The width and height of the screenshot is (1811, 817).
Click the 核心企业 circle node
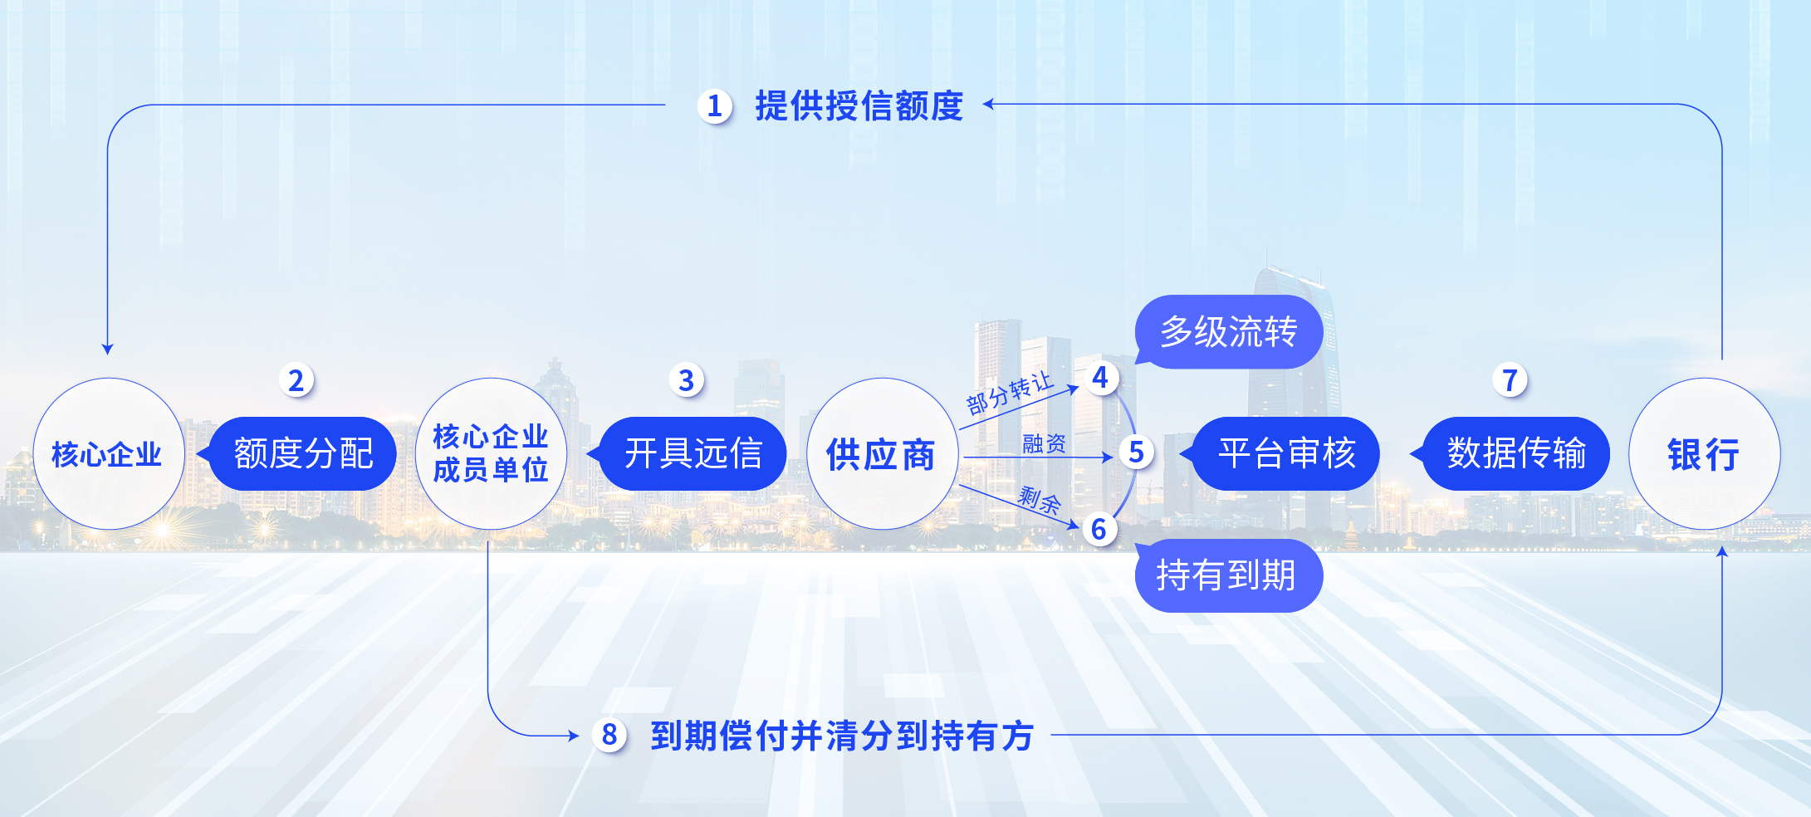[108, 453]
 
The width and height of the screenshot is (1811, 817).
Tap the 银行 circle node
[1704, 453]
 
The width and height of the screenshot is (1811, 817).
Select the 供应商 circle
[883, 453]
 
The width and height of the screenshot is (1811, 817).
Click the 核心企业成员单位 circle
[491, 453]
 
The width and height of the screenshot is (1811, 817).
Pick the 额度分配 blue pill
[303, 453]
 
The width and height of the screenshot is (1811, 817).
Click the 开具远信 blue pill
[693, 453]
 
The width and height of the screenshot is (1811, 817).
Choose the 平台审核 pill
[1286, 453]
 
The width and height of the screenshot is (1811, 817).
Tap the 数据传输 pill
[1516, 453]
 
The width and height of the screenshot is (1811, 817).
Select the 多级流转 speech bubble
[1229, 331]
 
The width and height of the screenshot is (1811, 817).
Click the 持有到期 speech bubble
[1227, 575]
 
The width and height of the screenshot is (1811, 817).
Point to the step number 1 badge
[714, 106]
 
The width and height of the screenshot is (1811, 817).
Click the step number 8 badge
[609, 735]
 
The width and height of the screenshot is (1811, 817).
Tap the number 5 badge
[1136, 453]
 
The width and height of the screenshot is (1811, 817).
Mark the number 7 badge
[1510, 380]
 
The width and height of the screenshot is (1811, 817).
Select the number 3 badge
[686, 380]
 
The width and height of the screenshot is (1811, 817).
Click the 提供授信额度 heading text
[859, 106]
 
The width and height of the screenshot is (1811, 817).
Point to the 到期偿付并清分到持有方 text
[842, 736]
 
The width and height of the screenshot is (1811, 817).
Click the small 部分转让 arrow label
[1009, 394]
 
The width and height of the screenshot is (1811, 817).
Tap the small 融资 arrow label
[1044, 443]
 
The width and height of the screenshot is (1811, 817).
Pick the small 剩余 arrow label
[1039, 500]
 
